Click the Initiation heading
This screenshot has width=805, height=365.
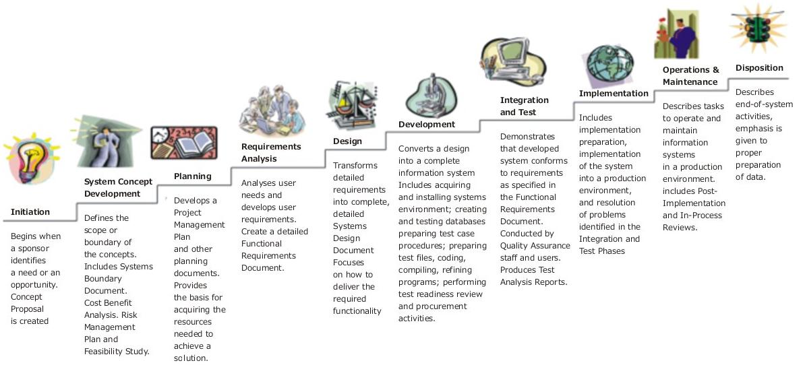click(x=30, y=211)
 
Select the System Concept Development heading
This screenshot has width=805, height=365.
click(x=119, y=188)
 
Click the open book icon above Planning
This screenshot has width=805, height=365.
click(x=184, y=143)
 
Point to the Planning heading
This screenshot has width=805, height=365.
click(x=193, y=176)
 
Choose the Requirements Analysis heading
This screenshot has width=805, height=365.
click(x=271, y=153)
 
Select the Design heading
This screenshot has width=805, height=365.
click(x=348, y=141)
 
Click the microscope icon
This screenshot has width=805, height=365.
click(x=431, y=96)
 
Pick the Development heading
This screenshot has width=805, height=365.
click(x=427, y=124)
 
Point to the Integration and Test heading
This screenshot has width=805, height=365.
click(x=524, y=106)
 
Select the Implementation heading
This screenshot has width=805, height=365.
click(x=614, y=94)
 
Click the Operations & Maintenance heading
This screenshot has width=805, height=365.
click(x=691, y=76)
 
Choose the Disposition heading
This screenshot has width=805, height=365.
click(x=759, y=67)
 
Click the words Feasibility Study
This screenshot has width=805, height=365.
click(x=117, y=352)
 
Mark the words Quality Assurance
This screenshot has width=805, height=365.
click(x=535, y=246)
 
